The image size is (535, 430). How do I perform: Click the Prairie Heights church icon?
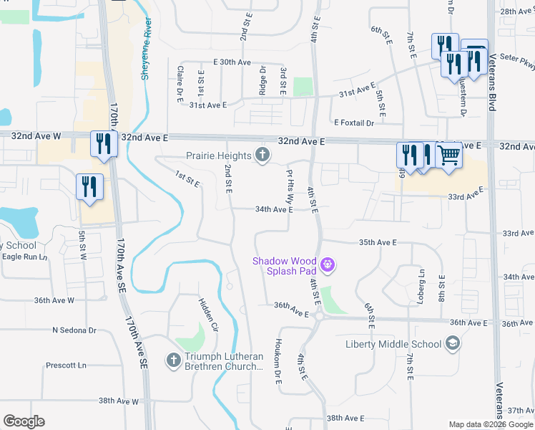[262, 155]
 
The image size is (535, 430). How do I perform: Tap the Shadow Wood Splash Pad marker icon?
[328, 265]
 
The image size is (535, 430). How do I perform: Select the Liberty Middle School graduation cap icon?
[452, 344]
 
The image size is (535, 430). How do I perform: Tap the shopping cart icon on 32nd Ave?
[448, 154]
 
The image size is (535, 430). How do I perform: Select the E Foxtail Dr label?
[353, 123]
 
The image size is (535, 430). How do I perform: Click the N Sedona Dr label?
[74, 330]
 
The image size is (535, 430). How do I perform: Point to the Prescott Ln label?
[66, 365]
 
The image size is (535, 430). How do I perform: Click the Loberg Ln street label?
[421, 274]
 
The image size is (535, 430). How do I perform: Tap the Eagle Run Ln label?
[24, 257]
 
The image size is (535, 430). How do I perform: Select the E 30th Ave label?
[232, 62]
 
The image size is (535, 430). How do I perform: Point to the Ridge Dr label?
[262, 80]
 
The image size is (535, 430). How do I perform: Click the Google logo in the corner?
[24, 421]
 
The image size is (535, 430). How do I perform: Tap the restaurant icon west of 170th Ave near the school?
[90, 188]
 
